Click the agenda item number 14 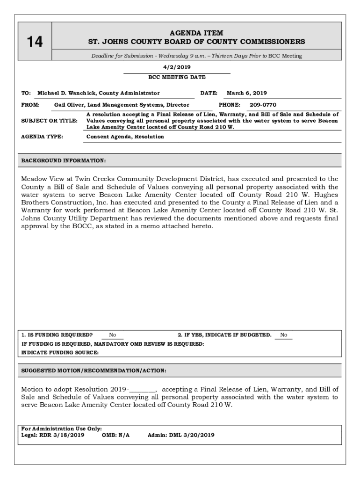pos(34,42)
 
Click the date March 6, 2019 pos(247,93)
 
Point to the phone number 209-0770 pos(263,105)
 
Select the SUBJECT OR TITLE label pos(50,121)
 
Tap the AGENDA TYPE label pos(42,137)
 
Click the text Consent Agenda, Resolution pos(125,137)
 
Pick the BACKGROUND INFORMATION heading pos(64,161)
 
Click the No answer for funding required pos(113,335)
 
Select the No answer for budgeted pos(283,335)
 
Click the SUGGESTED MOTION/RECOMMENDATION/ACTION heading pos(94,371)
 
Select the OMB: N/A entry pos(115,435)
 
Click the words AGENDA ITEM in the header pos(196,33)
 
